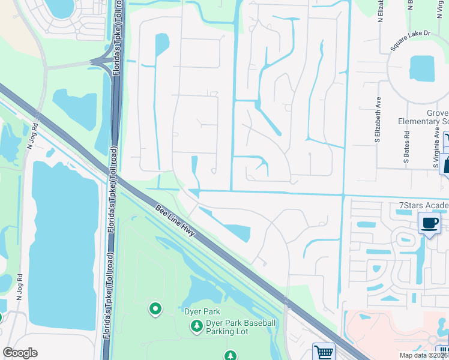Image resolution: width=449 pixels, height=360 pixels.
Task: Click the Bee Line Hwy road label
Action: tap(175, 221)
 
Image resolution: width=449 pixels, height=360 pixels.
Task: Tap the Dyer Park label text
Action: tap(202, 311)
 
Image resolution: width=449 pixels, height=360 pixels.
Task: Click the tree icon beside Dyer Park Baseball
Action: tap(196, 326)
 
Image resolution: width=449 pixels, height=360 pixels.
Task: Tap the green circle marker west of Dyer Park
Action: tap(155, 309)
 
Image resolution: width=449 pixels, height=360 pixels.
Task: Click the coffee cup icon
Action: tap(429, 223)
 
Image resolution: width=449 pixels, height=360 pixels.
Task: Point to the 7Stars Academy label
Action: tap(424, 206)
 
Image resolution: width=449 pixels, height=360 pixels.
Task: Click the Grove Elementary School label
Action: tap(423, 117)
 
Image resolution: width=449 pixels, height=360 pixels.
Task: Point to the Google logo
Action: tap(20, 353)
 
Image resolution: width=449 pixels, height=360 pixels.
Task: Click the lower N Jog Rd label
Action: tap(20, 287)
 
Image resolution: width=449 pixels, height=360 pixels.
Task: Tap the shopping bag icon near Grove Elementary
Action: tap(445, 163)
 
